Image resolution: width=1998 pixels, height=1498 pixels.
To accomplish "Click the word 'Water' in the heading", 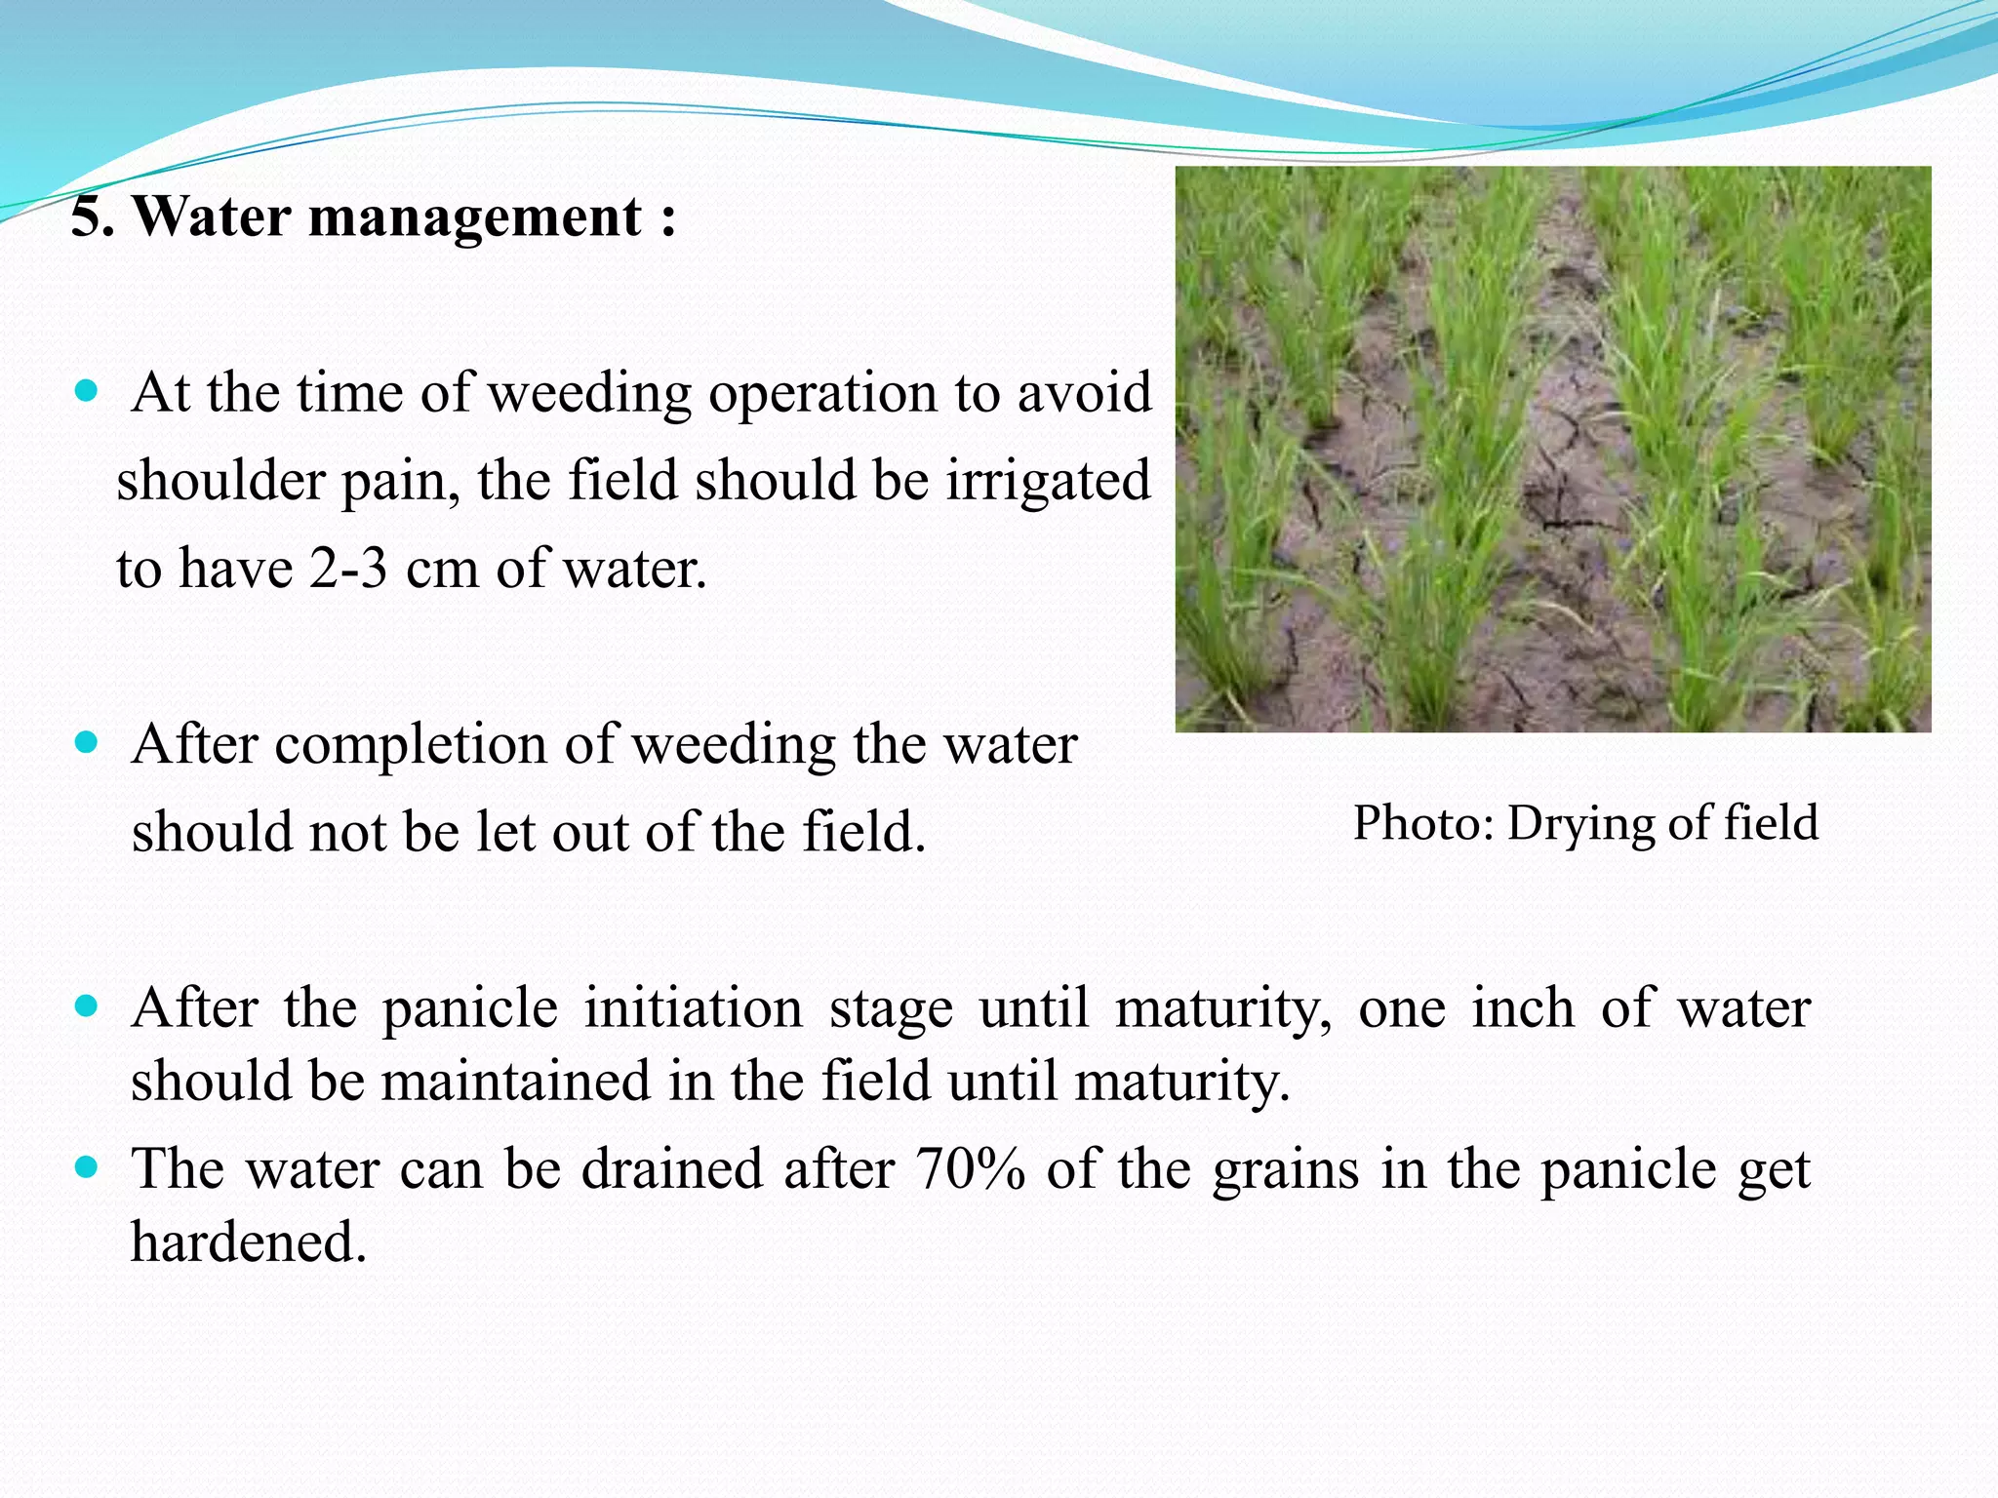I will tap(212, 216).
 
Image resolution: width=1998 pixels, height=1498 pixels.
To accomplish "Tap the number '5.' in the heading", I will tap(94, 216).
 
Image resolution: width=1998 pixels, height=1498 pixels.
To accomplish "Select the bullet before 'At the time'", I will tap(87, 392).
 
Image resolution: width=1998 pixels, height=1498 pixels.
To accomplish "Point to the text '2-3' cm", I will tap(348, 568).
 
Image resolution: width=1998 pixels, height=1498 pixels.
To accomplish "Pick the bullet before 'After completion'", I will tap(87, 744).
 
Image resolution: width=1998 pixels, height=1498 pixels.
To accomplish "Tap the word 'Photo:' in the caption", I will tap(1423, 823).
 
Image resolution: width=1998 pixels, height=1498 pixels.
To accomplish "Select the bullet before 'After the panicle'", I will tap(87, 1006).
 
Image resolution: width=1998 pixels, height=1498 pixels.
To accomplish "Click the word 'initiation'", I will tap(693, 1007).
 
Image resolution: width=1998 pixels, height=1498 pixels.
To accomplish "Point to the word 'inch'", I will tap(1523, 1007).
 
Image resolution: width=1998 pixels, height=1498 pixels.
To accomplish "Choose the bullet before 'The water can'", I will tap(87, 1167).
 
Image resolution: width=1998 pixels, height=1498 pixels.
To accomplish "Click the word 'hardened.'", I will tap(249, 1242).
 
